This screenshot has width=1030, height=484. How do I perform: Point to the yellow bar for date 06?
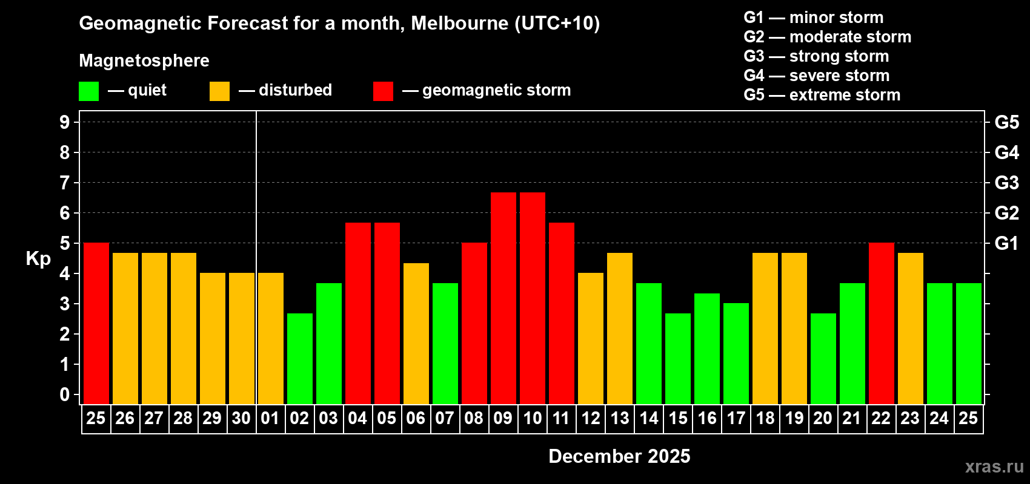click(x=416, y=333)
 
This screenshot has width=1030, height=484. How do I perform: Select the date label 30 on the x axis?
click(x=241, y=419)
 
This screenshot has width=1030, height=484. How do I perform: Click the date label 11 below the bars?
click(x=561, y=419)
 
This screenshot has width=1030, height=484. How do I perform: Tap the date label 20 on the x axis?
click(x=823, y=419)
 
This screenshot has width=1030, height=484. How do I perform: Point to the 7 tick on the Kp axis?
click(x=65, y=183)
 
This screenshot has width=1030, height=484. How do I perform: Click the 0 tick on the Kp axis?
click(x=65, y=395)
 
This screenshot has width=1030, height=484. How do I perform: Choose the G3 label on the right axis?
click(x=1006, y=183)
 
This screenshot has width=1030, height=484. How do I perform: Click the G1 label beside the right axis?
click(x=1006, y=243)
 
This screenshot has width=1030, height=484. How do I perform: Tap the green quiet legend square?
click(x=89, y=91)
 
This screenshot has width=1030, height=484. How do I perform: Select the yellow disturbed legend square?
click(x=219, y=91)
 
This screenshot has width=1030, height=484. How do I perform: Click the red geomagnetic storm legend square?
click(x=383, y=91)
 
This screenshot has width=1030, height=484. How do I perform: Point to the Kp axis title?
click(x=38, y=259)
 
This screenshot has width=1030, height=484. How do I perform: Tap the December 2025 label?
click(x=619, y=456)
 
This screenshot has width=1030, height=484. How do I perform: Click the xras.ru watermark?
click(x=994, y=466)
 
